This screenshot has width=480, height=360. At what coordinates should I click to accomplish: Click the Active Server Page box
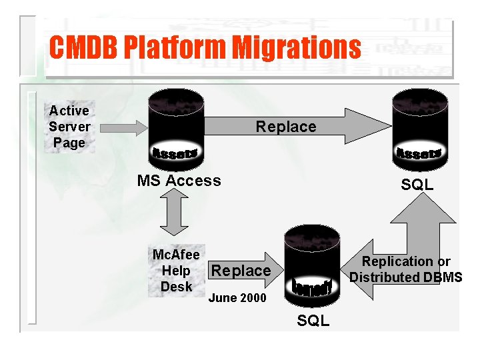[x=69, y=127]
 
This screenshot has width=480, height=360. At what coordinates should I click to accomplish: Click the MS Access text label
[x=179, y=181]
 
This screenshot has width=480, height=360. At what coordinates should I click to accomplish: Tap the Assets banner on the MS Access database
[x=175, y=153]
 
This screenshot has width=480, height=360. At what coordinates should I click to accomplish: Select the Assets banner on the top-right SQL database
[x=418, y=153]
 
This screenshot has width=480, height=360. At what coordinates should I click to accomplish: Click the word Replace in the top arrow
[x=286, y=127]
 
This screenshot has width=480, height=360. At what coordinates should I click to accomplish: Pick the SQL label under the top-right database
[x=417, y=185]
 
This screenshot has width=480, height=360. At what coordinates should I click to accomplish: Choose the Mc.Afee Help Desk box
[x=176, y=271]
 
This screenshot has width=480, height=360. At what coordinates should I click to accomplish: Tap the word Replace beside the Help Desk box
[x=241, y=271]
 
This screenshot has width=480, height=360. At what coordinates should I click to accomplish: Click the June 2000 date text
[x=237, y=298]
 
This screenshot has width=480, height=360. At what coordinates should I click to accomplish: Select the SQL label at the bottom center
[x=313, y=321]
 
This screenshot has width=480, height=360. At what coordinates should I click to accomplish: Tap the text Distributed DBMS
[x=405, y=277]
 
